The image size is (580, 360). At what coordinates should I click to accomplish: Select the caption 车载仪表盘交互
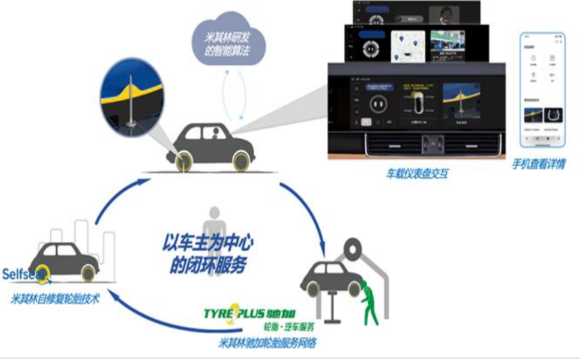(417, 174)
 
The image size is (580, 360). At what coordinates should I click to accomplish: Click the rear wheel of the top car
(183, 162)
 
